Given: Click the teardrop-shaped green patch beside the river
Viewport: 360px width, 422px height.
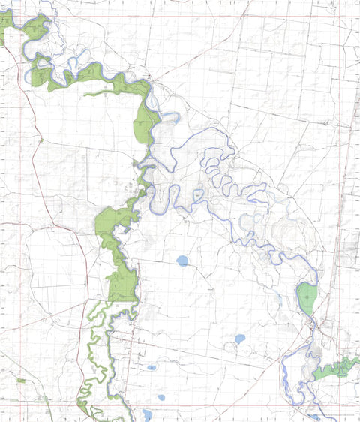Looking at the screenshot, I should tap(307, 298).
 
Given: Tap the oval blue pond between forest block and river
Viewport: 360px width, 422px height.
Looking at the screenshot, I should tap(182, 261).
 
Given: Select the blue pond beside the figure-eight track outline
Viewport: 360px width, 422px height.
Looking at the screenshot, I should tap(239, 339).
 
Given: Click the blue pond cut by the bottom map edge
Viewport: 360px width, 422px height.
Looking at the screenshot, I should tap(147, 414).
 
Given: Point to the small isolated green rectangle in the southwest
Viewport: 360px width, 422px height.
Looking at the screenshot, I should tap(21, 381).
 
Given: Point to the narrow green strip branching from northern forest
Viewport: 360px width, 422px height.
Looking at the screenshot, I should tap(105, 94).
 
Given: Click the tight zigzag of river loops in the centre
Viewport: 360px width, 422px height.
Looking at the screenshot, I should tap(217, 169).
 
